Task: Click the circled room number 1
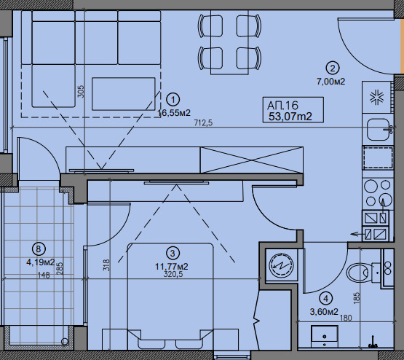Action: pos(173,100)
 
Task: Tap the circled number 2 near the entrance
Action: pos(333,69)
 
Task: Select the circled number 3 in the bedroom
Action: pos(173,254)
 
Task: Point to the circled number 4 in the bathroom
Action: pos(326,299)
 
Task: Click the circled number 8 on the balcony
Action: pos(39,249)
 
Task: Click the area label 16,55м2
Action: pos(174,113)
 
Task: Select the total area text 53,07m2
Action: pos(290,117)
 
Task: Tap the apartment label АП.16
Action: pos(282,105)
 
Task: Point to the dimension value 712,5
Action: pos(203,123)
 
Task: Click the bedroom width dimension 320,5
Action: pos(173,274)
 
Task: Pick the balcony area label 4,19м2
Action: pos(41,262)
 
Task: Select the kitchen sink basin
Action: pos(378,130)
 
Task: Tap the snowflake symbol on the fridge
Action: pos(377,98)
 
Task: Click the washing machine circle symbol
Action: pos(281,265)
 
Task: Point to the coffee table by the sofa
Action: pos(124,94)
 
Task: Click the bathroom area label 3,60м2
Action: pos(324,312)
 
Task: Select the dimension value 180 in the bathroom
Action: pos(346,318)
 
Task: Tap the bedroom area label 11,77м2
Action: pos(172,267)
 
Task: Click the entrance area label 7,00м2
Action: pos(330,82)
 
